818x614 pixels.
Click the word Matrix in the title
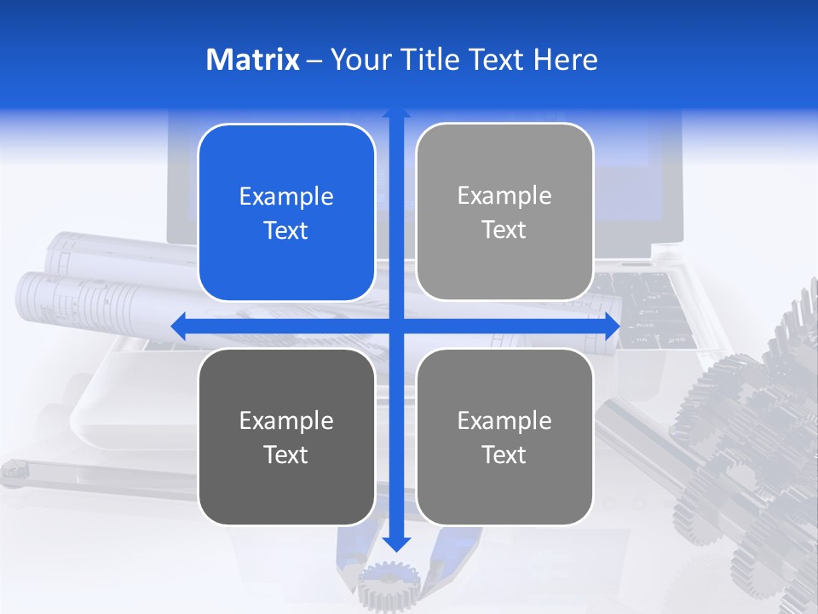(253, 60)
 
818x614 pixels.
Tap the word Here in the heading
(565, 60)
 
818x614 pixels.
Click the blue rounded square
(286, 213)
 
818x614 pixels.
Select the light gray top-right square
(504, 212)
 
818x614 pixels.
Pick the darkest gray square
(286, 437)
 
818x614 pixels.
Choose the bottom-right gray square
(504, 437)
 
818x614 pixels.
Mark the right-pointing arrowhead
(611, 326)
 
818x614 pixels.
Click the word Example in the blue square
(286, 197)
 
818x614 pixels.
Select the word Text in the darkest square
(286, 455)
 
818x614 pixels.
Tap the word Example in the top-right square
(504, 196)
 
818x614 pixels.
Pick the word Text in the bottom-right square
(504, 455)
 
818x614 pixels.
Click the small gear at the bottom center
(389, 588)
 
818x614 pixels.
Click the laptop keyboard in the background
(656, 307)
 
